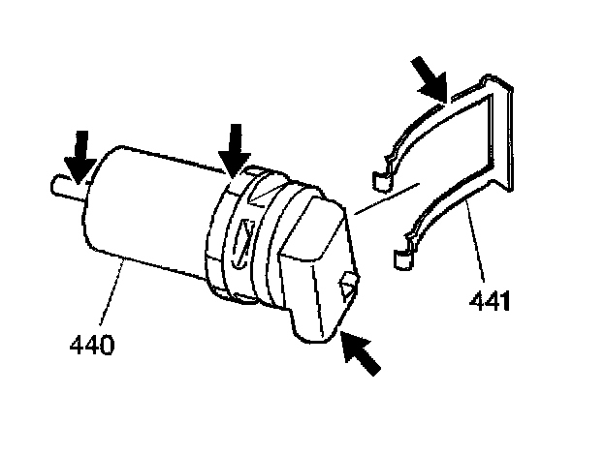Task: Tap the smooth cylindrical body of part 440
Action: click(145, 208)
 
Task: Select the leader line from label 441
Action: click(475, 247)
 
